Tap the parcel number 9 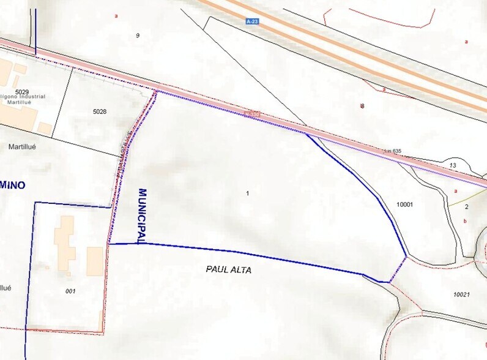(138, 36)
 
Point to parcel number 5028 (100, 111)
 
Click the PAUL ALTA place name (229, 270)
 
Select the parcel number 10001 (406, 204)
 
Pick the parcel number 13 (453, 166)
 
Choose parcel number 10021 (461, 294)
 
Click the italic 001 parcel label (70, 291)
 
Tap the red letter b (466, 221)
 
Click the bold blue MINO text (12, 185)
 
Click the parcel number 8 (362, 106)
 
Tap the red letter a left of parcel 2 (456, 191)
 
